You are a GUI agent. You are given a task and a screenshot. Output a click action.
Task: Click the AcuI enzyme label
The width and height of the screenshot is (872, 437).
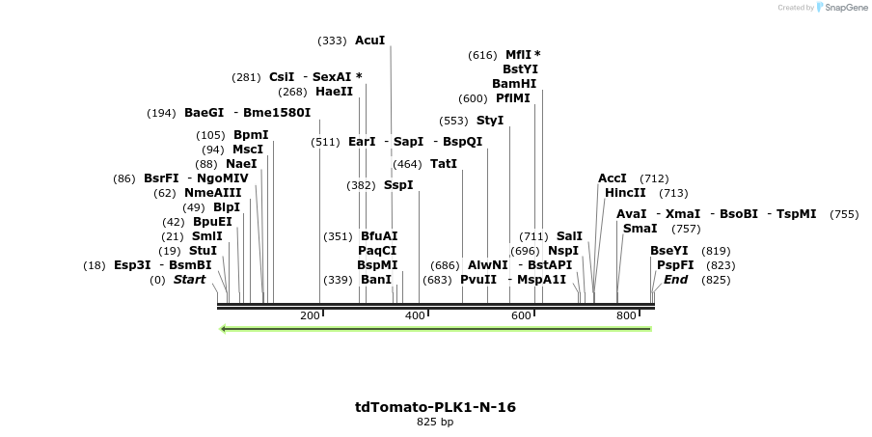pyautogui.click(x=369, y=41)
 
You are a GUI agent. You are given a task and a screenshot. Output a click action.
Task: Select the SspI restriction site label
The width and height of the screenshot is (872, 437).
pyautogui.click(x=398, y=184)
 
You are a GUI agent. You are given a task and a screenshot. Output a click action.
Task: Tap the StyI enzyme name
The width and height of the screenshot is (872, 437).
pyautogui.click(x=490, y=121)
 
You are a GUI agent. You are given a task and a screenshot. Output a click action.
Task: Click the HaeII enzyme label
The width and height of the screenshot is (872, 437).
pyautogui.click(x=335, y=92)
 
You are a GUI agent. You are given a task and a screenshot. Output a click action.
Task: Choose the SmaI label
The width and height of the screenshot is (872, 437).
pyautogui.click(x=640, y=229)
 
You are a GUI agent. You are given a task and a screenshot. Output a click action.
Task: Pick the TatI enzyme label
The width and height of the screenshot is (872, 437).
pyautogui.click(x=444, y=164)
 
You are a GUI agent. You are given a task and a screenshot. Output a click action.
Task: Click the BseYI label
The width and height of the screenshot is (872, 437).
pyautogui.click(x=669, y=251)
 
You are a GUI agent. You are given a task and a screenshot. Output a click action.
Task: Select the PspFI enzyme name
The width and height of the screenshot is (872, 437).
pyautogui.click(x=675, y=265)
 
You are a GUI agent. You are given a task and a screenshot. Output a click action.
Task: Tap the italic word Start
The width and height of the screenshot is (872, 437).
pyautogui.click(x=189, y=280)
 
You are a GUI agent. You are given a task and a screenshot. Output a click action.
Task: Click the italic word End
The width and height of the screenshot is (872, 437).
pyautogui.click(x=676, y=280)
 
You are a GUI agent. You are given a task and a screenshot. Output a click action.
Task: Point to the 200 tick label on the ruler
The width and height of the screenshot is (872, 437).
pyautogui.click(x=311, y=315)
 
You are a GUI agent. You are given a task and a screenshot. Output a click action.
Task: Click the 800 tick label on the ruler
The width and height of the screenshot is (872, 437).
pyautogui.click(x=626, y=315)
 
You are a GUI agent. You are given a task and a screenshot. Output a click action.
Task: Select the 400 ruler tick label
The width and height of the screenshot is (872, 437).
pyautogui.click(x=416, y=315)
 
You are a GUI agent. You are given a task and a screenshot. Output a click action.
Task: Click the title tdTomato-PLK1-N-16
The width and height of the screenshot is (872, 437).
pyautogui.click(x=435, y=407)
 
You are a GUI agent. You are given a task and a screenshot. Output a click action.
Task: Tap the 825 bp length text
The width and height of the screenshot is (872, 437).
pyautogui.click(x=435, y=422)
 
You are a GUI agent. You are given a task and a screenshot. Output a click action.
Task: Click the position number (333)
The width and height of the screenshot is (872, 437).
pyautogui.click(x=332, y=41)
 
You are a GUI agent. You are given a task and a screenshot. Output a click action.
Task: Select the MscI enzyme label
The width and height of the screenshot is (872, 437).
pyautogui.click(x=248, y=150)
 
